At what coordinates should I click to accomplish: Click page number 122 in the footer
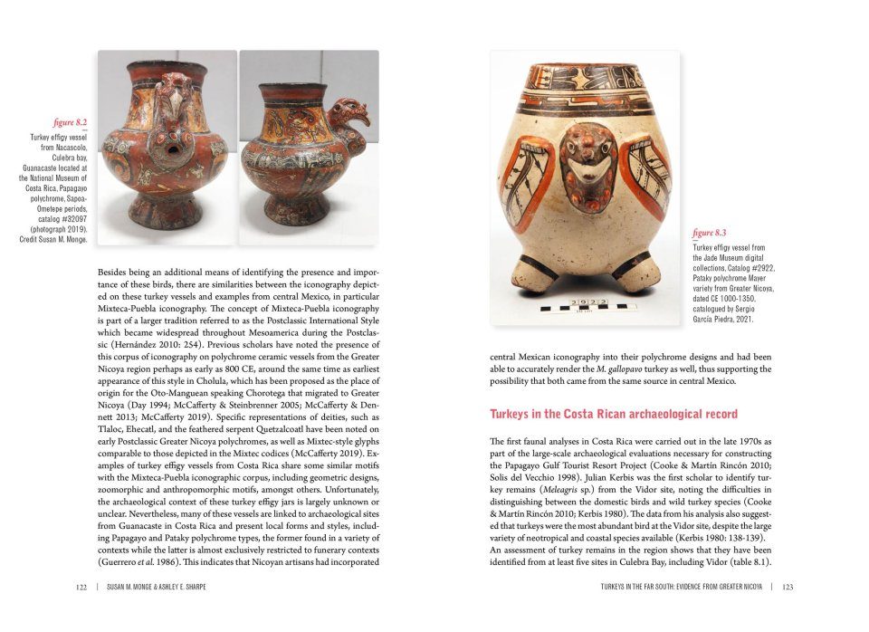point(81,587)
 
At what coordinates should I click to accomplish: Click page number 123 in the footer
point(788,587)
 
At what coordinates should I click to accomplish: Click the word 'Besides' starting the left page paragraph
point(115,272)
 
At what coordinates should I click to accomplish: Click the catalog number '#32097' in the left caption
point(68,219)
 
